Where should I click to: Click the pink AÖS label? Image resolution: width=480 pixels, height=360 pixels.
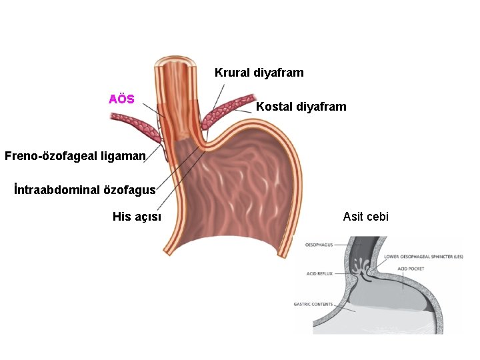click(121, 99)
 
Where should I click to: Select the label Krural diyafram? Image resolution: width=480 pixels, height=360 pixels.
click(259, 73)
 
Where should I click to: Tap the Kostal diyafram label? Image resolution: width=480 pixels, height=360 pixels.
click(301, 107)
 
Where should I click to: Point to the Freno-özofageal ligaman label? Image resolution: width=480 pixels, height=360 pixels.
click(75, 156)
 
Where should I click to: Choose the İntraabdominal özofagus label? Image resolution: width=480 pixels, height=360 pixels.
click(85, 189)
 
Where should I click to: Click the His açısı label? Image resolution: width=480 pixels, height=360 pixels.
click(137, 216)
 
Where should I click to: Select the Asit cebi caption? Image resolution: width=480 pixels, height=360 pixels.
click(365, 216)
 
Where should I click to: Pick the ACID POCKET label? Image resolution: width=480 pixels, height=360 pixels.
click(410, 268)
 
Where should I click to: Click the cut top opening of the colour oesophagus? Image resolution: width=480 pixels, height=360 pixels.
click(174, 64)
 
